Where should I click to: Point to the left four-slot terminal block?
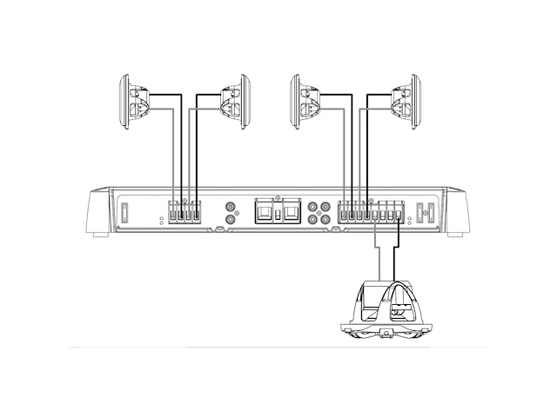(x=184, y=211)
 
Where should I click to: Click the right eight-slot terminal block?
(x=372, y=211)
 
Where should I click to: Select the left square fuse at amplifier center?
(x=264, y=212)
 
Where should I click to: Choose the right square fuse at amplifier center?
(x=290, y=212)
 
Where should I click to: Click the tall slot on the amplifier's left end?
(x=124, y=212)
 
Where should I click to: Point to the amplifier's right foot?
(x=454, y=233)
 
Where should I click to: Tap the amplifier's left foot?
(x=98, y=233)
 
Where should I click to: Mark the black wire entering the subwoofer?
(x=398, y=261)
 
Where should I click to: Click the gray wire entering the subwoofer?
(x=377, y=261)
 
